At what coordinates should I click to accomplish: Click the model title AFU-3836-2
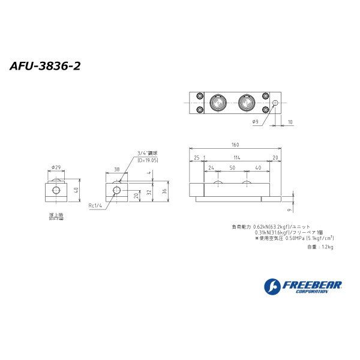45,65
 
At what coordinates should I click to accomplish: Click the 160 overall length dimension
235,145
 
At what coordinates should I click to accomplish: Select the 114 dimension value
236,157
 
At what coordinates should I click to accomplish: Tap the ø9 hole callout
255,122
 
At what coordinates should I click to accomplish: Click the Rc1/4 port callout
96,206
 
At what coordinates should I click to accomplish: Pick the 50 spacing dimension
232,168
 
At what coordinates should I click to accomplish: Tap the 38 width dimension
116,170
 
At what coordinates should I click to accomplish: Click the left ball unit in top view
217,103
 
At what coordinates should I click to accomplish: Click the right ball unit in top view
247,103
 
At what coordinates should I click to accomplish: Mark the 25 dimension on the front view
196,157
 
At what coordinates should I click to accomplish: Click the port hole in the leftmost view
56,190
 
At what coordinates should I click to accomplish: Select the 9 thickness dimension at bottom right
289,210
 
